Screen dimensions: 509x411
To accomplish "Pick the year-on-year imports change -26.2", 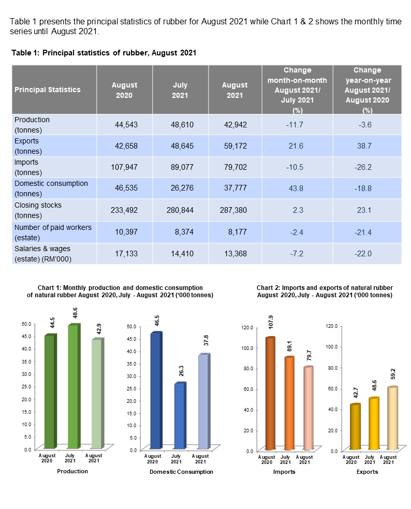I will coord(367,168).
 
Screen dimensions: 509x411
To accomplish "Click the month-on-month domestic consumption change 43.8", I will coord(297,189).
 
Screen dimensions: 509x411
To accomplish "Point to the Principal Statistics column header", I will coord(48,90).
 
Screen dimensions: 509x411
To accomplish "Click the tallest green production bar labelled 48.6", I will coord(73,386).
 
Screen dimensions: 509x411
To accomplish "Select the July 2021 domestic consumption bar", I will coord(179,416).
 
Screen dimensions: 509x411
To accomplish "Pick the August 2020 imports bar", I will coord(269,394).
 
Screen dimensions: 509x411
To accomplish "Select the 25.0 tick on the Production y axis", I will coord(26,386).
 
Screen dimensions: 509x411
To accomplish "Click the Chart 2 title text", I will coord(324,291).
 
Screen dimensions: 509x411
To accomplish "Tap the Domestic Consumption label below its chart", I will coord(181,472).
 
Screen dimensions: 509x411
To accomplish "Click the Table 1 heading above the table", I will coord(104,53).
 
